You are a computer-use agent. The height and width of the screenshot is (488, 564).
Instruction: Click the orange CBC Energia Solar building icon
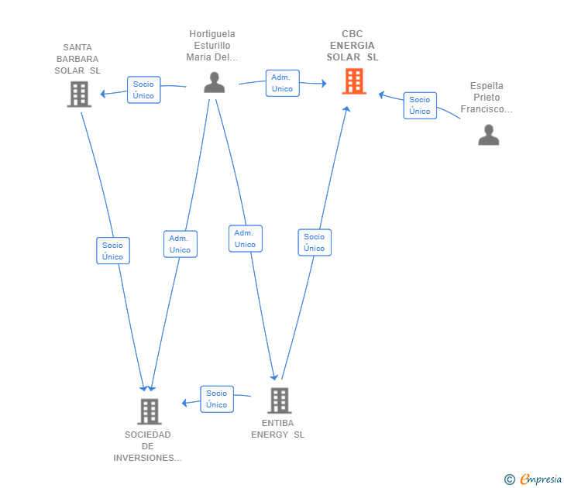(x=354, y=81)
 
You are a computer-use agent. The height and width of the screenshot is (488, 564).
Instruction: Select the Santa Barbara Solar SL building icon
(x=79, y=95)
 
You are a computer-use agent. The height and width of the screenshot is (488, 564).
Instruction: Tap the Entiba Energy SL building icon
(x=280, y=400)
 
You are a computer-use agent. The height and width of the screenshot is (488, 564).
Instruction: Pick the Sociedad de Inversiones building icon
(x=150, y=411)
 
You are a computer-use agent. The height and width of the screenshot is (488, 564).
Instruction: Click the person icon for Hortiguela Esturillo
(x=215, y=82)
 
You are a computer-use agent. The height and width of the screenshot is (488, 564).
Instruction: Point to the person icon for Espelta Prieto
(x=488, y=135)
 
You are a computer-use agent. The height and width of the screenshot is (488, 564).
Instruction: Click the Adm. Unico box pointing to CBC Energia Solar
(x=282, y=83)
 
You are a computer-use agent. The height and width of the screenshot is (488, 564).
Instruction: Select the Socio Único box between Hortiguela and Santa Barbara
(x=143, y=90)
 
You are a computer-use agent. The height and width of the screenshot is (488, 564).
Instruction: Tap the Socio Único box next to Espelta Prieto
(x=420, y=105)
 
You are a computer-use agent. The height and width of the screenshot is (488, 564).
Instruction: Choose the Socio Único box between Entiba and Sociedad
(x=217, y=399)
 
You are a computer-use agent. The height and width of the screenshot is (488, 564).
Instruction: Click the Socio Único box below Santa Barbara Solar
(x=112, y=251)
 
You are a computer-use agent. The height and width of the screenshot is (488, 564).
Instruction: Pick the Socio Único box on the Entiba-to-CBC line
(x=315, y=242)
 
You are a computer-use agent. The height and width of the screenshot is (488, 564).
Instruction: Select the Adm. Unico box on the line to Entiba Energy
(x=246, y=239)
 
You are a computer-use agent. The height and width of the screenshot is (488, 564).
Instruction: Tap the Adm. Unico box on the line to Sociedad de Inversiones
(x=181, y=244)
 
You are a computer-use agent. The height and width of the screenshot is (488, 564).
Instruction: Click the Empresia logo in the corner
(x=541, y=479)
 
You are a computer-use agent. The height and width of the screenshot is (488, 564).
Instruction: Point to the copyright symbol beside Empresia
(x=509, y=479)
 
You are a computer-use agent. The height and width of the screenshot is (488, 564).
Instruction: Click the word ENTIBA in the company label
(x=277, y=423)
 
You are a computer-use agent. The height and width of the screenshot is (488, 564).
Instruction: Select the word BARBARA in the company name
(x=77, y=59)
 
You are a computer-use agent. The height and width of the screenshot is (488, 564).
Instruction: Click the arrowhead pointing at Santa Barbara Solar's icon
(x=102, y=94)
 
